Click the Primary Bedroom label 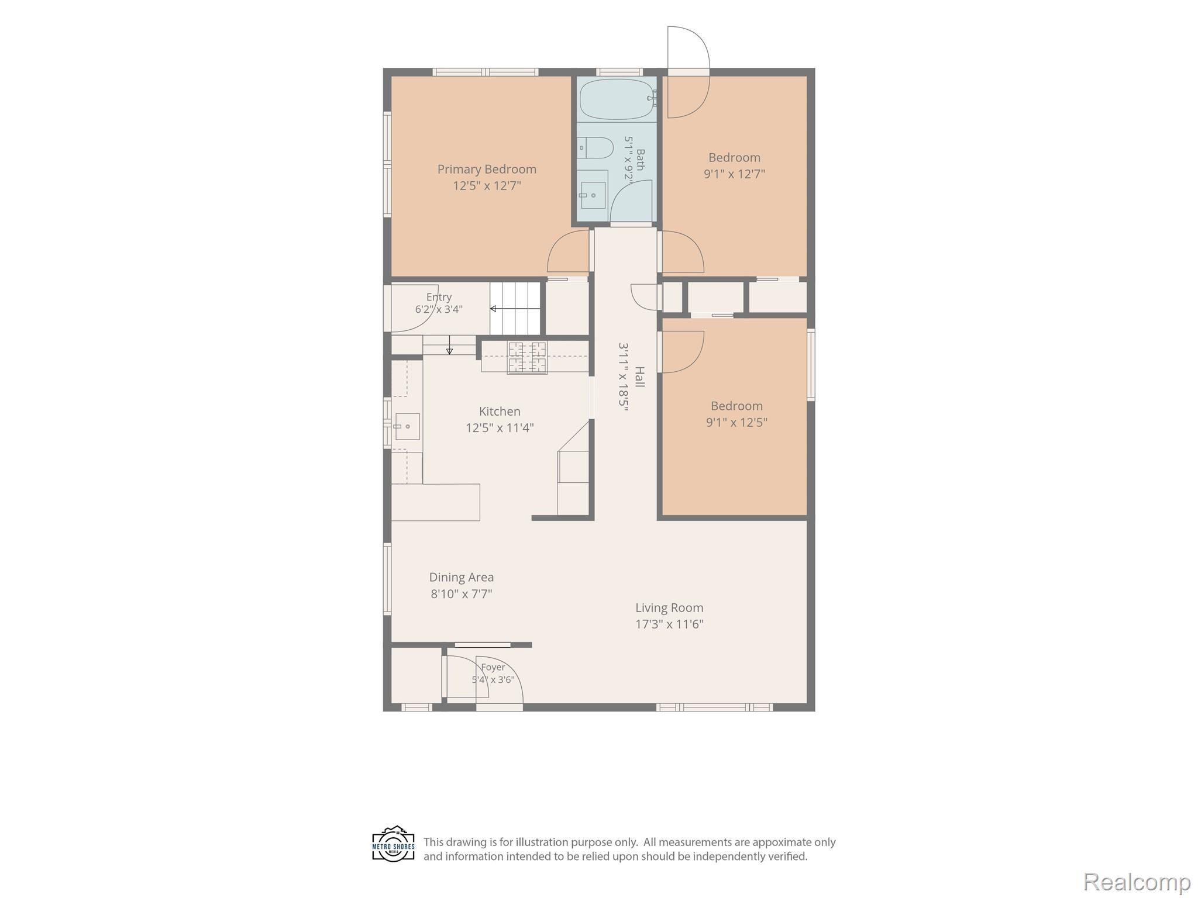point(487,170)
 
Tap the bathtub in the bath point(617,99)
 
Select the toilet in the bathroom point(595,148)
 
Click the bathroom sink point(593,195)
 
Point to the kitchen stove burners point(527,358)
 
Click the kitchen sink point(407,426)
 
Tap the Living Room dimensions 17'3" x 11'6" point(669,624)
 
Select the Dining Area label point(462,578)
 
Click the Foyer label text point(493,667)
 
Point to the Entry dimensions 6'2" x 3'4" point(439,309)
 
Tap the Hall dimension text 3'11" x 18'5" point(624,377)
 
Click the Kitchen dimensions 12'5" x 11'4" point(500,428)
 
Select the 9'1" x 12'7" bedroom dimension point(734,174)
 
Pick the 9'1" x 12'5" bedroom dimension point(736,423)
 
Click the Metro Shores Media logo point(394,844)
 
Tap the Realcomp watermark point(1137,882)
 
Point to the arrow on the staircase point(515,309)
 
